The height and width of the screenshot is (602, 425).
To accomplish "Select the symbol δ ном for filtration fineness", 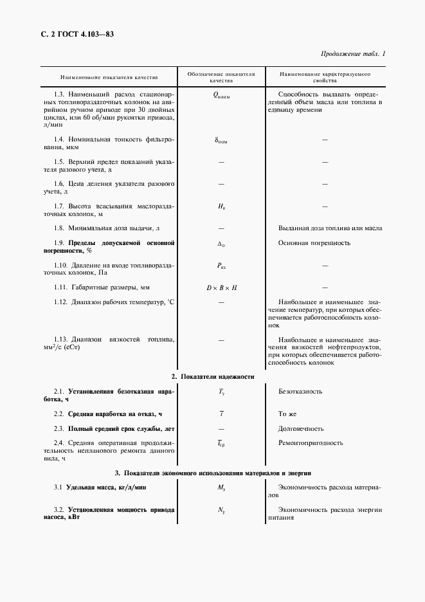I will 221,140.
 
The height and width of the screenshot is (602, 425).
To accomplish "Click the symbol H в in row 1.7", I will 221,206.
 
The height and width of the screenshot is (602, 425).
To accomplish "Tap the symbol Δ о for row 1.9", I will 221,244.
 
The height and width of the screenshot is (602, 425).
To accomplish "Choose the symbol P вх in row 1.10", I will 221,266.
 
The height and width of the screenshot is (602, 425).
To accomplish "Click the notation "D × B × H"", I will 221,287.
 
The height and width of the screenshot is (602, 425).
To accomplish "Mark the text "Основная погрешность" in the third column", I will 314,243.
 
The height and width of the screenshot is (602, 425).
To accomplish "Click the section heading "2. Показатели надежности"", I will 213,376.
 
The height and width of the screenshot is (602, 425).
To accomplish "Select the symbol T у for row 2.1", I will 221,392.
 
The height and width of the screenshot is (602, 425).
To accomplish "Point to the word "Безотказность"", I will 300,391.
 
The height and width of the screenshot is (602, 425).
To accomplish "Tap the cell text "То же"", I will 287,414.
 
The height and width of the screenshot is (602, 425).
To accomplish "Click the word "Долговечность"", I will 301,428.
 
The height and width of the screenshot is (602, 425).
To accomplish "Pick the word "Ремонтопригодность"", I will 311,442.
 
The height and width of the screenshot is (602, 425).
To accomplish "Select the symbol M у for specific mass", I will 221,488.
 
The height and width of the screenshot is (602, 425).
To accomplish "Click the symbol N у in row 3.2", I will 221,511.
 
